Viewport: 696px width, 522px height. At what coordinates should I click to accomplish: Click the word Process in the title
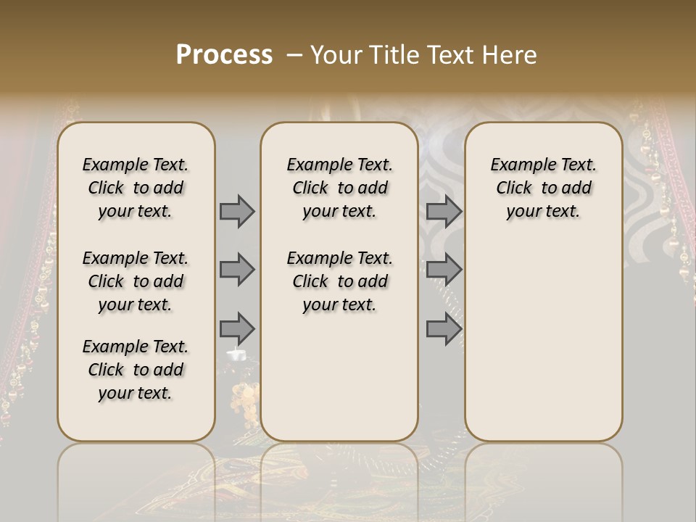tap(224, 55)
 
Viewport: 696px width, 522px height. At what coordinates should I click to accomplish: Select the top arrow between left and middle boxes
tap(237, 211)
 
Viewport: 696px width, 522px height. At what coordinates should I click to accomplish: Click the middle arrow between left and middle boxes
tap(237, 270)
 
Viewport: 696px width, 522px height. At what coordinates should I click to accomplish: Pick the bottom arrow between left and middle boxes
tap(237, 328)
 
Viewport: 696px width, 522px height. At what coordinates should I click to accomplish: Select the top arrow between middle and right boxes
tap(444, 211)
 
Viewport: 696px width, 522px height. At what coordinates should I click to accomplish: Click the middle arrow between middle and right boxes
tap(444, 270)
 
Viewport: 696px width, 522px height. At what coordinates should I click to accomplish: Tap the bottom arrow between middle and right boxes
tap(444, 328)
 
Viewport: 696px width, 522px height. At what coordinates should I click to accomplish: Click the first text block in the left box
tap(136, 188)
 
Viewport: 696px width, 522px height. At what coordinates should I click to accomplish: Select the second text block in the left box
tap(136, 281)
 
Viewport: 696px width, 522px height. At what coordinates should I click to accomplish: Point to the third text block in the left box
tap(136, 370)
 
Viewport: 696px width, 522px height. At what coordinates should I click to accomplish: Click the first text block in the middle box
tap(339, 188)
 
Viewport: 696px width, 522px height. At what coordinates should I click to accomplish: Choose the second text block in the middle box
tap(339, 281)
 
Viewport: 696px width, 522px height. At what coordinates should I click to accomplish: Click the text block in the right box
tap(543, 188)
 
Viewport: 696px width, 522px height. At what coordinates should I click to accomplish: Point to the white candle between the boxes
tap(237, 355)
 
